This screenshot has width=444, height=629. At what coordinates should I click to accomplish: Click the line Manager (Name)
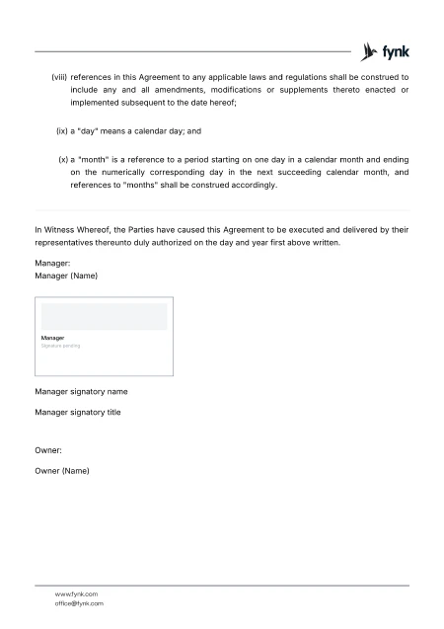coord(66,276)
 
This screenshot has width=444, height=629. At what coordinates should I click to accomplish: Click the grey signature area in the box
coord(104,317)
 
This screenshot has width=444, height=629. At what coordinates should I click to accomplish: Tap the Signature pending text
coord(61,346)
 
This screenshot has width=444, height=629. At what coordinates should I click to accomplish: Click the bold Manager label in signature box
coord(53,338)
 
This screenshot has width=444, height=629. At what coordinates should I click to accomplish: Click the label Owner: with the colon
coord(48,450)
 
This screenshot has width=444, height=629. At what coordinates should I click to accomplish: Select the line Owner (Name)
coord(62,471)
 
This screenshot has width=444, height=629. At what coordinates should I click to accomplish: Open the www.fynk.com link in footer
coord(77,593)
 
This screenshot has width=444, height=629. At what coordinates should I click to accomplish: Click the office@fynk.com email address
coord(80,602)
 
